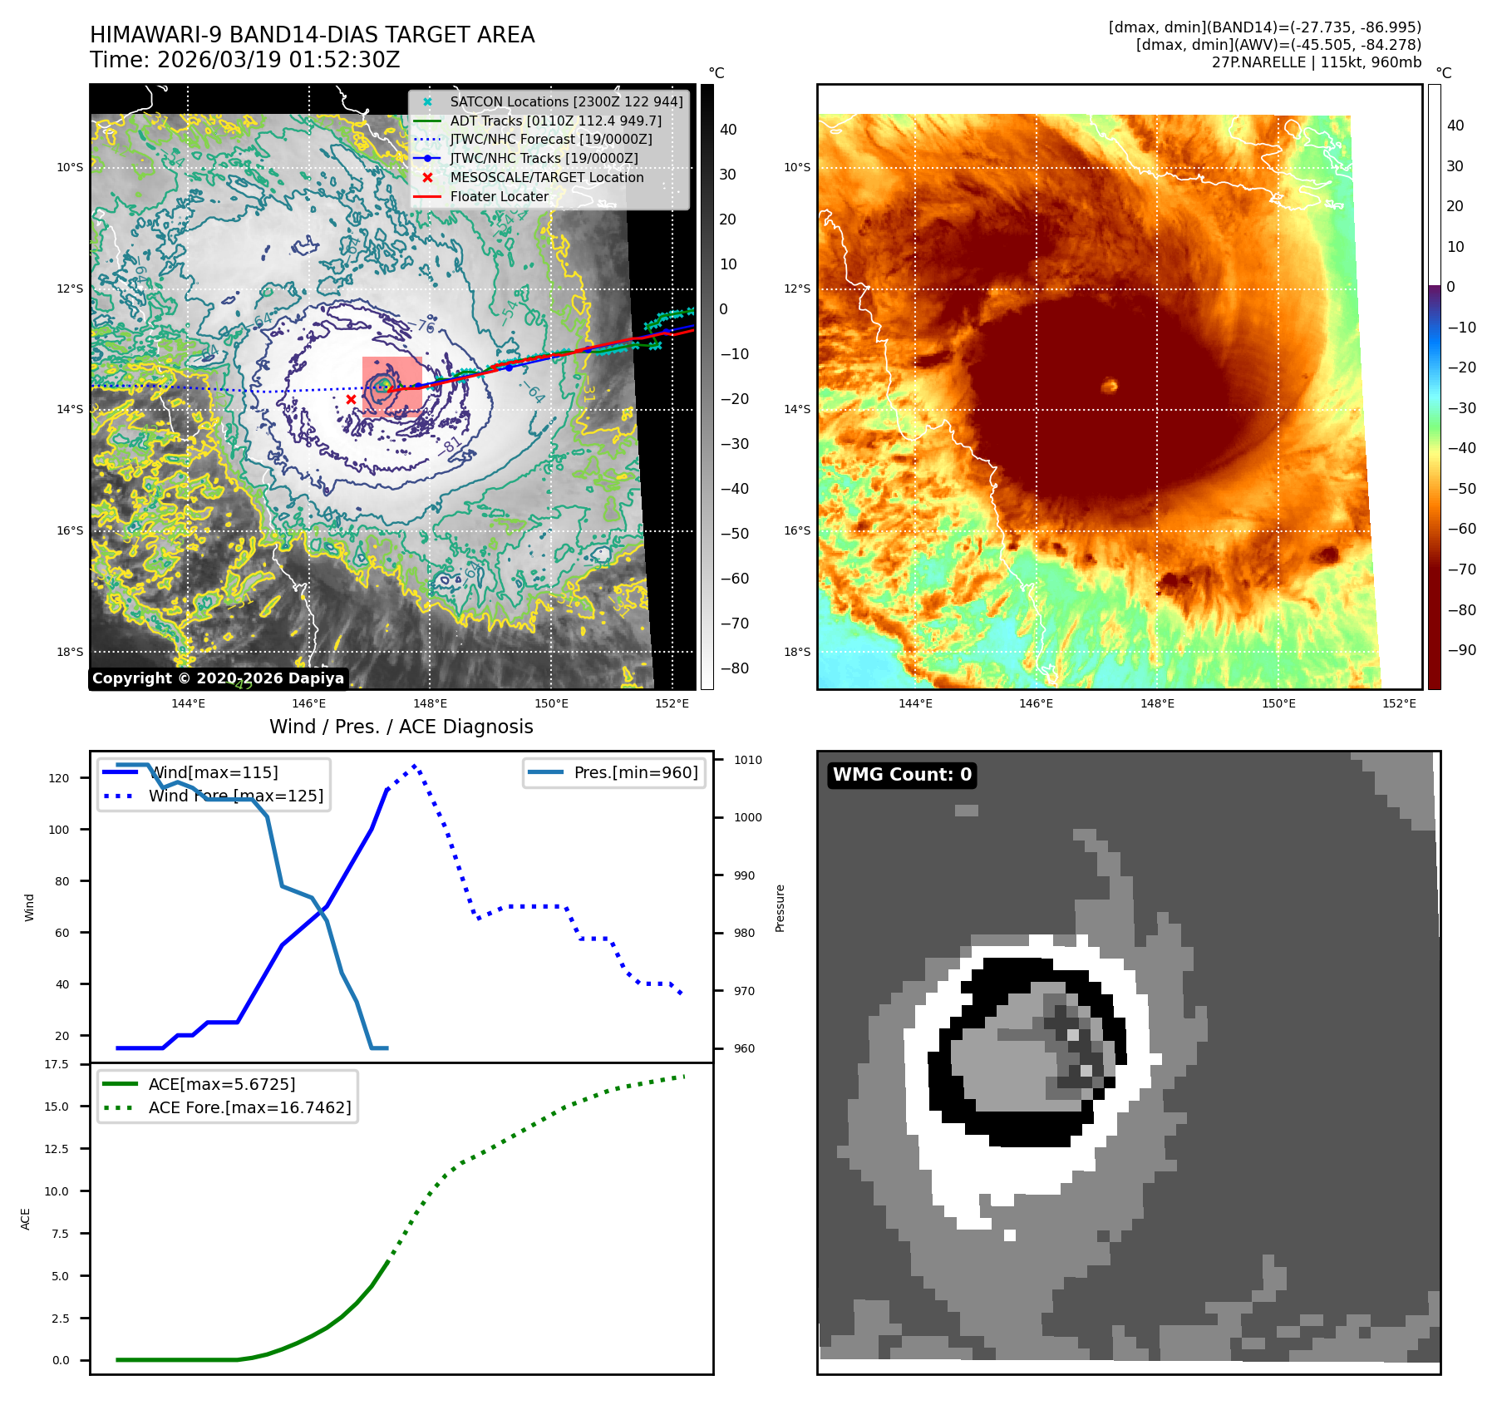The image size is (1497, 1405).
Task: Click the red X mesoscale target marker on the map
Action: tap(351, 400)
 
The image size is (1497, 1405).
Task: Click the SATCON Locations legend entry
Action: tap(565, 102)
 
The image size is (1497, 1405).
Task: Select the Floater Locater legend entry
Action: tap(499, 197)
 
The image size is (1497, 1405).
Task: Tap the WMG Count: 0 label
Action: tap(902, 775)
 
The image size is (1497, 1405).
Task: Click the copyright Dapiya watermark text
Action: tap(218, 678)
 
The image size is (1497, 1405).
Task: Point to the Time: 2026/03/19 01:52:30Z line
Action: tap(245, 61)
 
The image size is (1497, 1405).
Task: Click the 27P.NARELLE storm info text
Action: tap(1316, 62)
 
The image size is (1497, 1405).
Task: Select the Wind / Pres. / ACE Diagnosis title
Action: tap(401, 727)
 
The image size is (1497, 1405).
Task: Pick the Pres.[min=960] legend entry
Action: tap(635, 773)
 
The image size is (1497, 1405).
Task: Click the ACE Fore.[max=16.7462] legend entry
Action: tap(249, 1108)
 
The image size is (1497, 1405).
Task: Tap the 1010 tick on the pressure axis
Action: tap(747, 760)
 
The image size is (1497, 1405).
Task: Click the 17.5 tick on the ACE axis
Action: tap(57, 1065)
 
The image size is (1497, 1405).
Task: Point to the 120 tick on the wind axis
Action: tap(59, 779)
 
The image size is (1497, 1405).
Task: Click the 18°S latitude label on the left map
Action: tap(70, 653)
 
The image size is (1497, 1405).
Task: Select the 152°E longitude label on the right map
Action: tap(1399, 704)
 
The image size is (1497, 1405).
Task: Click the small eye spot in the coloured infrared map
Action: tap(1110, 385)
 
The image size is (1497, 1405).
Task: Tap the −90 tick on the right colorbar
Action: tap(1461, 651)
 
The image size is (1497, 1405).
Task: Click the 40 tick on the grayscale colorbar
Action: tap(728, 130)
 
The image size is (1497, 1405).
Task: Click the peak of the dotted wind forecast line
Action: tap(414, 766)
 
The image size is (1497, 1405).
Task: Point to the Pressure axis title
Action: tap(780, 908)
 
